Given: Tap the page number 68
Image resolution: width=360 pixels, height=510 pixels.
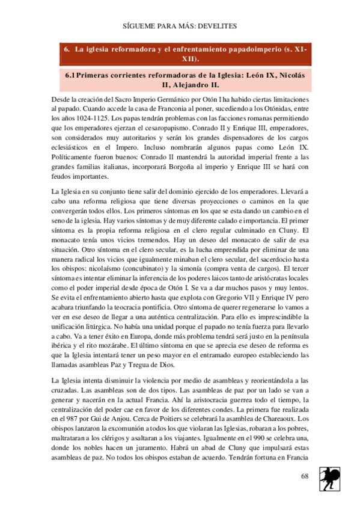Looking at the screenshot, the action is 304,476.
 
